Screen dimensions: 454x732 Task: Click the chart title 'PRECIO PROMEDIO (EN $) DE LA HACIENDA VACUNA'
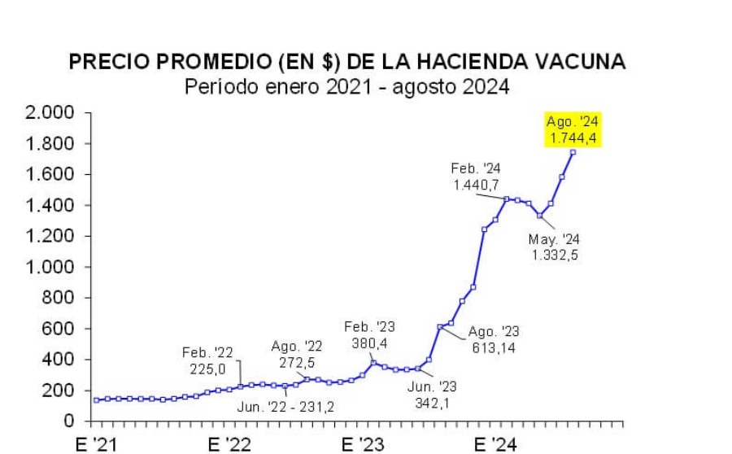348,63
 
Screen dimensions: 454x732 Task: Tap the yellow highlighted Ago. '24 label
573,130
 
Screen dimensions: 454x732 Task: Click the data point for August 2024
573,152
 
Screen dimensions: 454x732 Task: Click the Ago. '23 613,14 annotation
495,338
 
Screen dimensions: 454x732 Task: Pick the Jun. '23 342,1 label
433,393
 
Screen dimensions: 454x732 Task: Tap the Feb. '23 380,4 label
369,334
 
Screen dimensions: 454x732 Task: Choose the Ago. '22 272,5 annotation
297,354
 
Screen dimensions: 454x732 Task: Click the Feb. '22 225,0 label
207,360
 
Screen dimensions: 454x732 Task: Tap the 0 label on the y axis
71,421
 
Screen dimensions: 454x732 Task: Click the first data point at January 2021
97,399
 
